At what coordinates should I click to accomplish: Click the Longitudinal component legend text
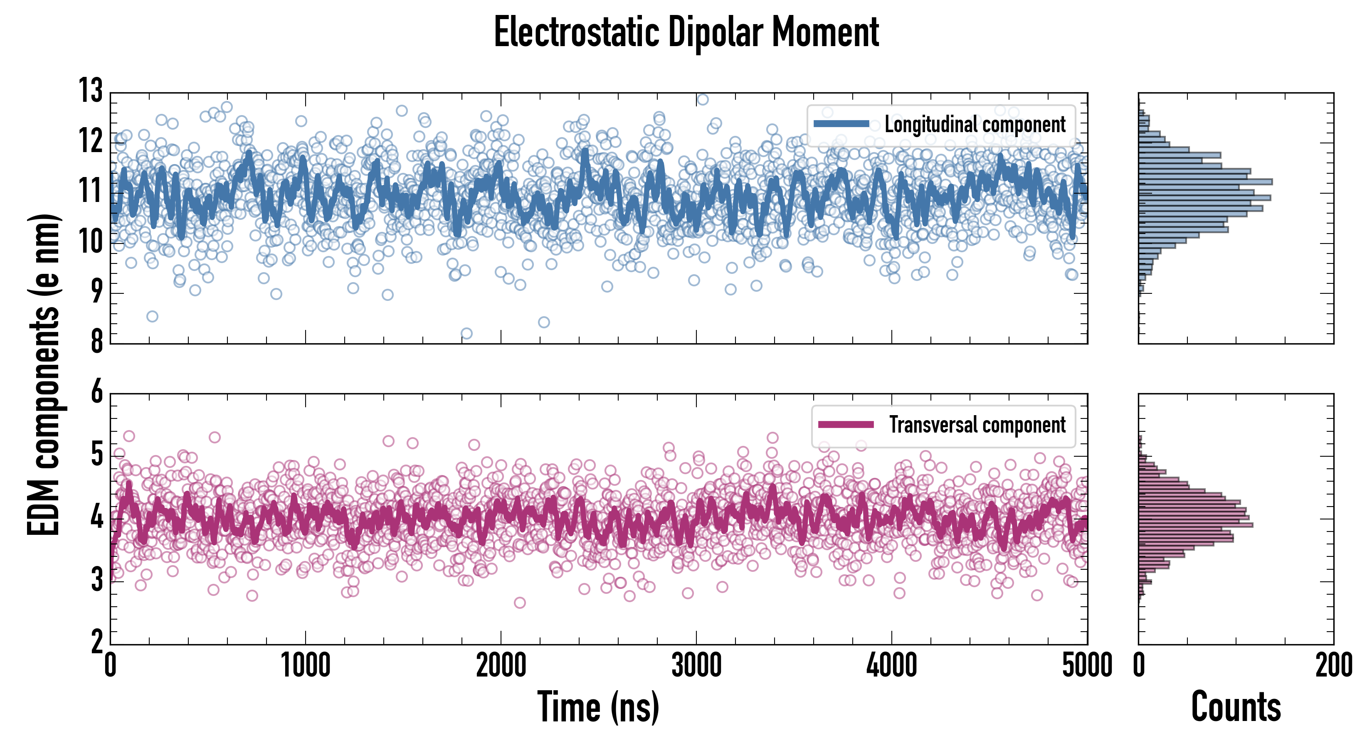[x=975, y=125]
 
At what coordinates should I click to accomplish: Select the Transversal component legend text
[x=977, y=425]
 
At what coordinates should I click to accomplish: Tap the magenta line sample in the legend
[x=846, y=424]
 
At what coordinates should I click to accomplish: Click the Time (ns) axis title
[x=598, y=707]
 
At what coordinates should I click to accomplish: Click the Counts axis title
[x=1236, y=707]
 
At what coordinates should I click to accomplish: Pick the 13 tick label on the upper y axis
[x=91, y=91]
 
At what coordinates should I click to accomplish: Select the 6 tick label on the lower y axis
[x=96, y=392]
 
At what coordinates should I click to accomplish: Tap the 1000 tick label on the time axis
[x=306, y=665]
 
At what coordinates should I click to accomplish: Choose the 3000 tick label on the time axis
[x=696, y=665]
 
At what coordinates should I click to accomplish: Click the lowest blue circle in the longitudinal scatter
[x=466, y=334]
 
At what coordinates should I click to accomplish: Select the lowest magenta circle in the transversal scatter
[x=519, y=603]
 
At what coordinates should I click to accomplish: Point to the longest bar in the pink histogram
[x=1196, y=525]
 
